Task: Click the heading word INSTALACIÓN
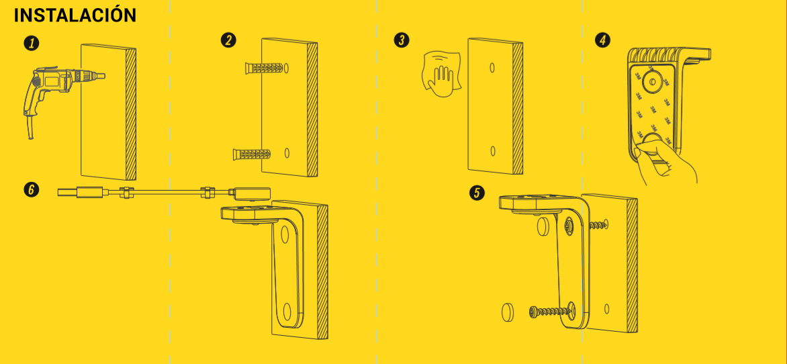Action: tap(75, 15)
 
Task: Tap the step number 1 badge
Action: tap(32, 43)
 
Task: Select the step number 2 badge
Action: tap(229, 40)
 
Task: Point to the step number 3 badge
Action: tap(402, 40)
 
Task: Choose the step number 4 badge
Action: tap(602, 40)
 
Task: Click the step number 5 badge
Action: tap(477, 192)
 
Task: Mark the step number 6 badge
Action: tap(32, 190)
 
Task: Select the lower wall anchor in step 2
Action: tap(252, 154)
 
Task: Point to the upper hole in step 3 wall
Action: tap(492, 66)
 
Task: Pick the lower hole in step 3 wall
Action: tap(493, 150)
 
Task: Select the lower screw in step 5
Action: tap(552, 312)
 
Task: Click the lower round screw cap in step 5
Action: tap(508, 312)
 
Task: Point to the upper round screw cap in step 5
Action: tap(543, 226)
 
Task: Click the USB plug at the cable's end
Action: tap(81, 192)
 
